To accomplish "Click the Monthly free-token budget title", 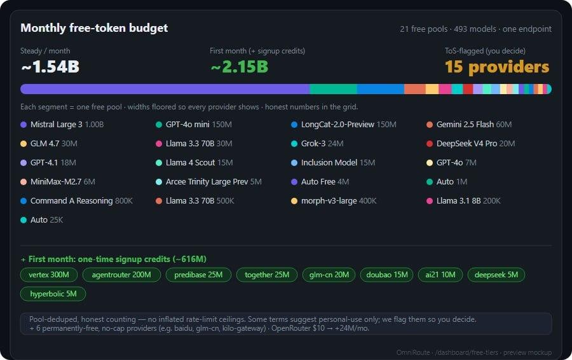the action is pos(94,28).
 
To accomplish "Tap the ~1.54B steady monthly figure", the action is pos(50,67).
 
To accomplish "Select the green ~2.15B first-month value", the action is pos(240,67).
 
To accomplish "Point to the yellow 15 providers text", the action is pos(497,67).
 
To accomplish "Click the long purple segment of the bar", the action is pos(165,89).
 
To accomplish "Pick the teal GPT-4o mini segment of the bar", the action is pos(333,89).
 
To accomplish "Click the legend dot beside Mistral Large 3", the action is pos(24,125).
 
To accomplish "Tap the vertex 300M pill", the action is pos(49,275).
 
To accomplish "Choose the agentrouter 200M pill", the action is pos(121,275).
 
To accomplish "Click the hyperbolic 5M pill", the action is pos(53,294).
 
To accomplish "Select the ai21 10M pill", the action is pos(440,275).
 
